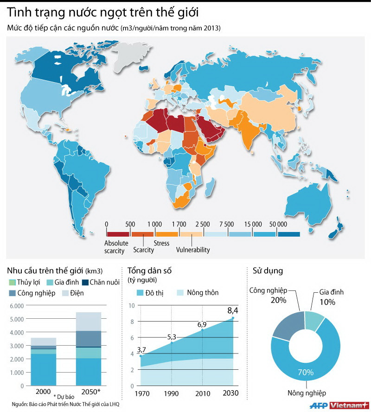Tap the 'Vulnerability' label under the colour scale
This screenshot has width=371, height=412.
coord(193,250)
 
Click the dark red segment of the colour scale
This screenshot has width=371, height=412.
coord(118,234)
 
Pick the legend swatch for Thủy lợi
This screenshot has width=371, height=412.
coord(12,282)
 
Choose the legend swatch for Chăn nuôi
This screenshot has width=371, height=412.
coord(85,282)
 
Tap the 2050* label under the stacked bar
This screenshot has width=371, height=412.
coord(90,391)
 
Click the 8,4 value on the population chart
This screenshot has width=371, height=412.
coord(232,311)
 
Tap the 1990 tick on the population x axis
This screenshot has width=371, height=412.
coord(172,393)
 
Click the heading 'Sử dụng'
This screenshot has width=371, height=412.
coord(268,270)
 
